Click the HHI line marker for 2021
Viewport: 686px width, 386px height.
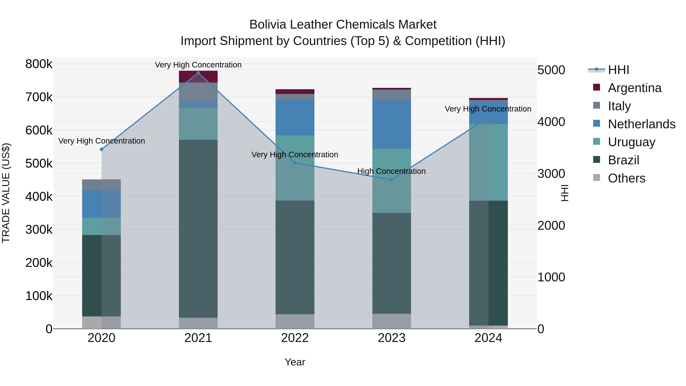click(x=198, y=73)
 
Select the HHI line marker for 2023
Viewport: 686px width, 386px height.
click(x=391, y=180)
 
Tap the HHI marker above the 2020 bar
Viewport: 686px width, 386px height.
click(x=101, y=149)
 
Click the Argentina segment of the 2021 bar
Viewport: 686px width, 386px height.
click(x=198, y=77)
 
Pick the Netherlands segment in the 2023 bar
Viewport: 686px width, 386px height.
click(x=391, y=124)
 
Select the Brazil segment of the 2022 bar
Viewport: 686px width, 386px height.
click(x=295, y=257)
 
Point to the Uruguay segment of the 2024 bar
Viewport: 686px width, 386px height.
click(x=488, y=162)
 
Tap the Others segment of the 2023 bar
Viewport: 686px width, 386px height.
click(x=391, y=321)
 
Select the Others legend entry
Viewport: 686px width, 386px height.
click(x=626, y=178)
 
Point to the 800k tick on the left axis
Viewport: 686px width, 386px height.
click(x=39, y=64)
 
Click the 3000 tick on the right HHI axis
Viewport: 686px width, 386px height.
click(x=551, y=174)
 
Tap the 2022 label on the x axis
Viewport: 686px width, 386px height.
click(x=295, y=338)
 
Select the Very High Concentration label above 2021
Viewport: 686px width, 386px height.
click(x=198, y=65)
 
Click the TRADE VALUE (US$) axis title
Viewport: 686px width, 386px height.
click(x=6, y=193)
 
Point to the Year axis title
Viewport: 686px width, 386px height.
click(x=295, y=362)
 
